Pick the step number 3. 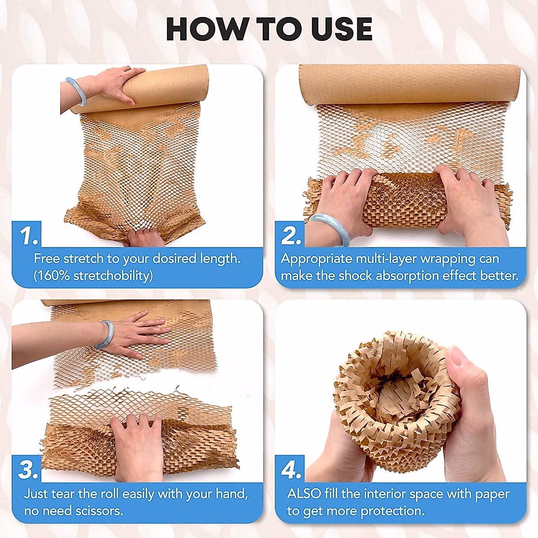[x=28, y=470]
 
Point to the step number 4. [x=291, y=470]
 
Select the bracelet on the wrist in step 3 [x=104, y=334]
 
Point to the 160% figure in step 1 [x=53, y=275]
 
